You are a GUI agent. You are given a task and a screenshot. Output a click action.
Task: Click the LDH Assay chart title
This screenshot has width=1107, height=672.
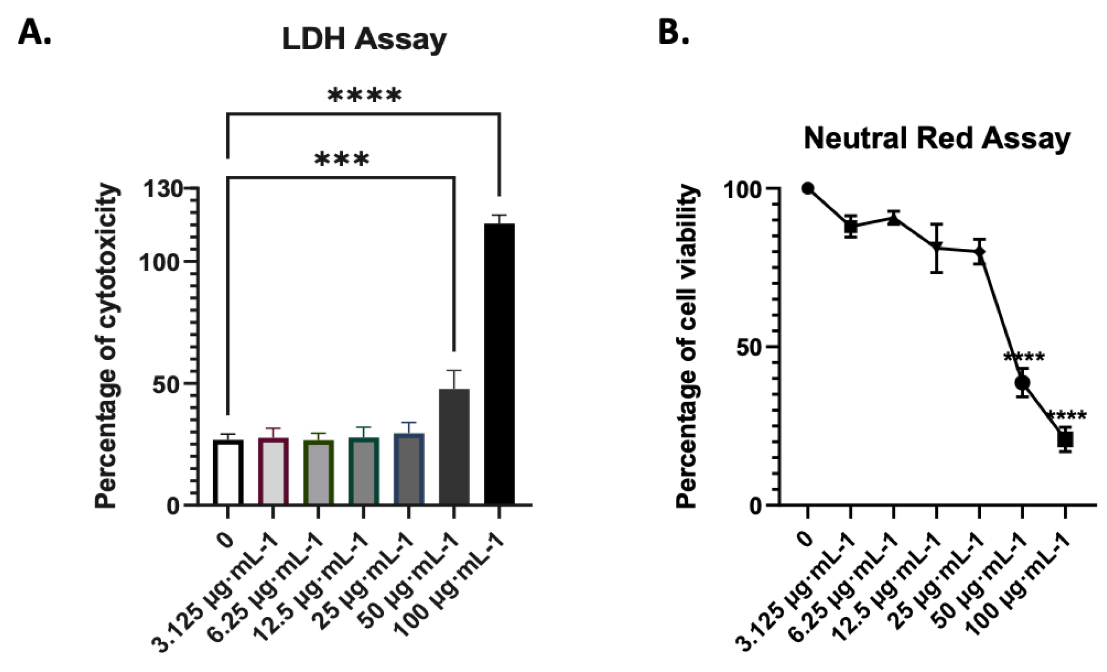point(364,40)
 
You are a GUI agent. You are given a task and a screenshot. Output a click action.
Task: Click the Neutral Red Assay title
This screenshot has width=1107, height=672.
point(937,138)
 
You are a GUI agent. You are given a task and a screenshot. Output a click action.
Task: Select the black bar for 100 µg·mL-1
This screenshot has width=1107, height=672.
point(499,364)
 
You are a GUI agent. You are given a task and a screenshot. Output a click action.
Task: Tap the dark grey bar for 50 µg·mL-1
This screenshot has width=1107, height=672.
point(454,447)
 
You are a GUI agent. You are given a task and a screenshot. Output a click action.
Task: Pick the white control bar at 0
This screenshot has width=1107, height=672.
point(228,472)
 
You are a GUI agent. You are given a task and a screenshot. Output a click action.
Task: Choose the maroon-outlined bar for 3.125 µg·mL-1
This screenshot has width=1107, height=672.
point(273,471)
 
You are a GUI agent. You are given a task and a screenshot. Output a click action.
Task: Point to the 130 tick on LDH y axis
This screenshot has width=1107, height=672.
point(164,189)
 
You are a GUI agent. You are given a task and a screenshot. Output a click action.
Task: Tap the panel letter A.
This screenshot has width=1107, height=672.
point(35,33)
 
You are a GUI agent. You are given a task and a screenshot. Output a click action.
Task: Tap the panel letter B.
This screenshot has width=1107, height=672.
point(674,33)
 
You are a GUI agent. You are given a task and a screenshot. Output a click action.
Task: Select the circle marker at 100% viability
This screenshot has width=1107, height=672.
point(808,188)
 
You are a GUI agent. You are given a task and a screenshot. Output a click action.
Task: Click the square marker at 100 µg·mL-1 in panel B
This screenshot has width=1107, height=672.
point(1065,440)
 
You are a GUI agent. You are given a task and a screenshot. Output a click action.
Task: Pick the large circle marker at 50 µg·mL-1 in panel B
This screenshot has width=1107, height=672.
point(1022,382)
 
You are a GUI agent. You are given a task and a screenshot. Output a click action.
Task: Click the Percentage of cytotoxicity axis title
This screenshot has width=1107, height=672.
point(107,345)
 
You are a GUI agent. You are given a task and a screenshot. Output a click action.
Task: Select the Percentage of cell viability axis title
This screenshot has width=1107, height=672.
point(687,345)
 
